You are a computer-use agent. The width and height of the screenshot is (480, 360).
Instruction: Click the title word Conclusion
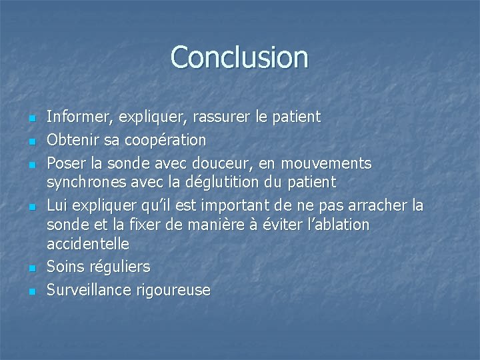click(x=239, y=57)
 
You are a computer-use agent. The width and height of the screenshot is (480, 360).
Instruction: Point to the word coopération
click(x=165, y=140)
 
